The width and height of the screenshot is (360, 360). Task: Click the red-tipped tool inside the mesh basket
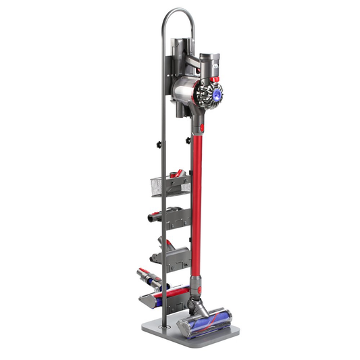pyautogui.click(x=176, y=174)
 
